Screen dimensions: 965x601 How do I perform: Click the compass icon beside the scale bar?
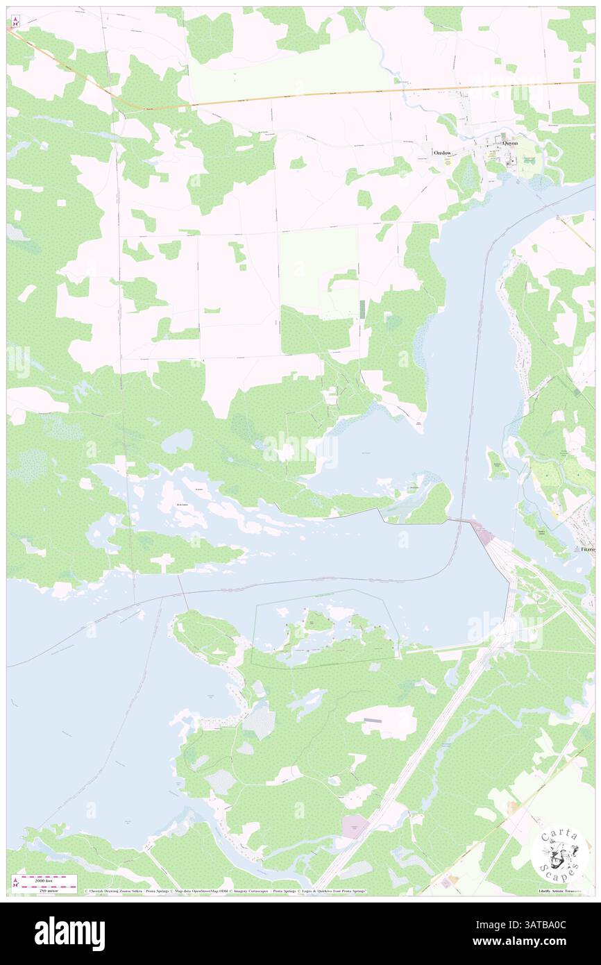click(x=15, y=883)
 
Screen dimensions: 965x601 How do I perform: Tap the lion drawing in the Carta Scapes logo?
click(x=559, y=853)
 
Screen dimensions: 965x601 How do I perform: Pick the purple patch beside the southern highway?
click(x=355, y=826)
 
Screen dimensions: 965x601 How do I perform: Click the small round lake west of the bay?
click(x=178, y=440)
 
